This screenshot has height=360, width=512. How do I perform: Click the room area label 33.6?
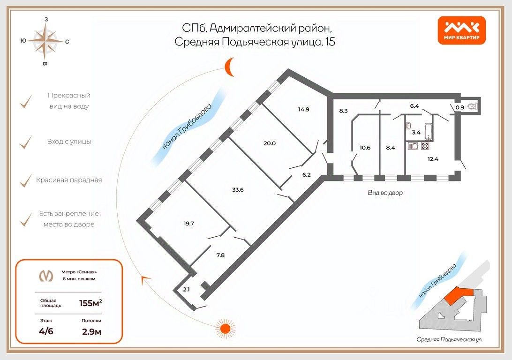coord(238,190)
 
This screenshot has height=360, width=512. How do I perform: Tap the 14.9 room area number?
coord(303,109)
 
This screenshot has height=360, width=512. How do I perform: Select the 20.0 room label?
coord(270,143)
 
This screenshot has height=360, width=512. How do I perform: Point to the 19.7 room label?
coord(189,224)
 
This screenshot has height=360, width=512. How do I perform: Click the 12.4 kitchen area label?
coord(433,159)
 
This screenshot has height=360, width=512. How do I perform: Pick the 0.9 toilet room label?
coord(460,107)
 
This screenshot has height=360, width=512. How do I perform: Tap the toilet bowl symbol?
coord(473,106)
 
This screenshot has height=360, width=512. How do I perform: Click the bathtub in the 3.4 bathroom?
coord(429,132)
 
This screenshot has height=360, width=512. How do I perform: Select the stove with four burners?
coord(425,146)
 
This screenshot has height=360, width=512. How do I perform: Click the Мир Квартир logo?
coord(462,30)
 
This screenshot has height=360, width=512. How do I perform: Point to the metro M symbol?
coord(46,276)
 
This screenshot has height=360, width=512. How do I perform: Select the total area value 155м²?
coord(90,303)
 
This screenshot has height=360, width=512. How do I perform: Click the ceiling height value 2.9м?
coord(91,332)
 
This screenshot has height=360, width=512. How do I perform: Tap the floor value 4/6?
coord(46,331)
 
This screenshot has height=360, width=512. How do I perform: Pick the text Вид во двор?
coord(385,193)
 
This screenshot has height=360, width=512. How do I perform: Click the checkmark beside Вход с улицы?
coord(25,142)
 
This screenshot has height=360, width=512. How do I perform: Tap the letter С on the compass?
coord(67,42)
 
